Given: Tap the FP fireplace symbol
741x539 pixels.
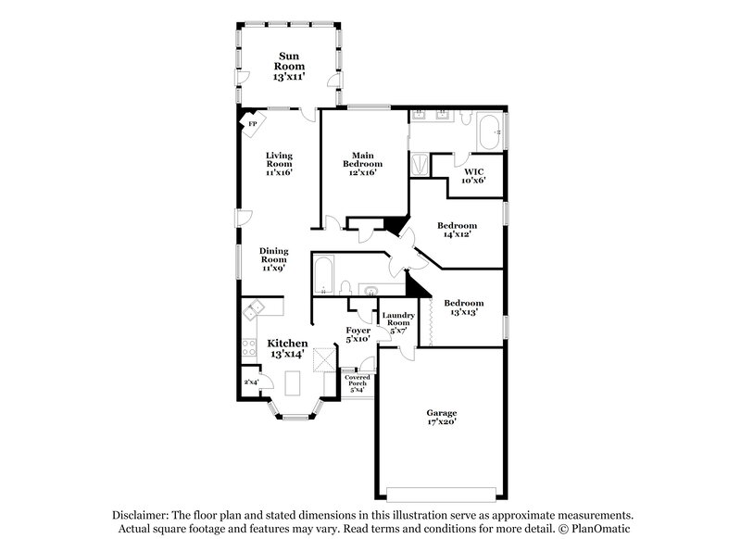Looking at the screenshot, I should click(251, 123).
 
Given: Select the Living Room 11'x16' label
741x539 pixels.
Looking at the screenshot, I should click(279, 163).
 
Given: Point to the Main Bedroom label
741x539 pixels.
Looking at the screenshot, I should click(362, 163).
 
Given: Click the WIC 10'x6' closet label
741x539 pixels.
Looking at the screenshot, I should click(474, 175).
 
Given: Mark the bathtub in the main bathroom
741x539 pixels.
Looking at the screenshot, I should click(487, 132).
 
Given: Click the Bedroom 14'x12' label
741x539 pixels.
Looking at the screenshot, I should click(457, 230).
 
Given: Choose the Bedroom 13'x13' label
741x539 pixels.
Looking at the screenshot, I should click(462, 307).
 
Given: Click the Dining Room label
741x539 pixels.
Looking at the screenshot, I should click(273, 259).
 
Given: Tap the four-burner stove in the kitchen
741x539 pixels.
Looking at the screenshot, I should click(249, 349).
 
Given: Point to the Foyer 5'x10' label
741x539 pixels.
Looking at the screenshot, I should click(358, 334).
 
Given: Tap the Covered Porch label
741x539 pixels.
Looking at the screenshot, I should click(357, 382).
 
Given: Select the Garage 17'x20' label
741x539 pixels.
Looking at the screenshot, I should click(441, 417).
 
